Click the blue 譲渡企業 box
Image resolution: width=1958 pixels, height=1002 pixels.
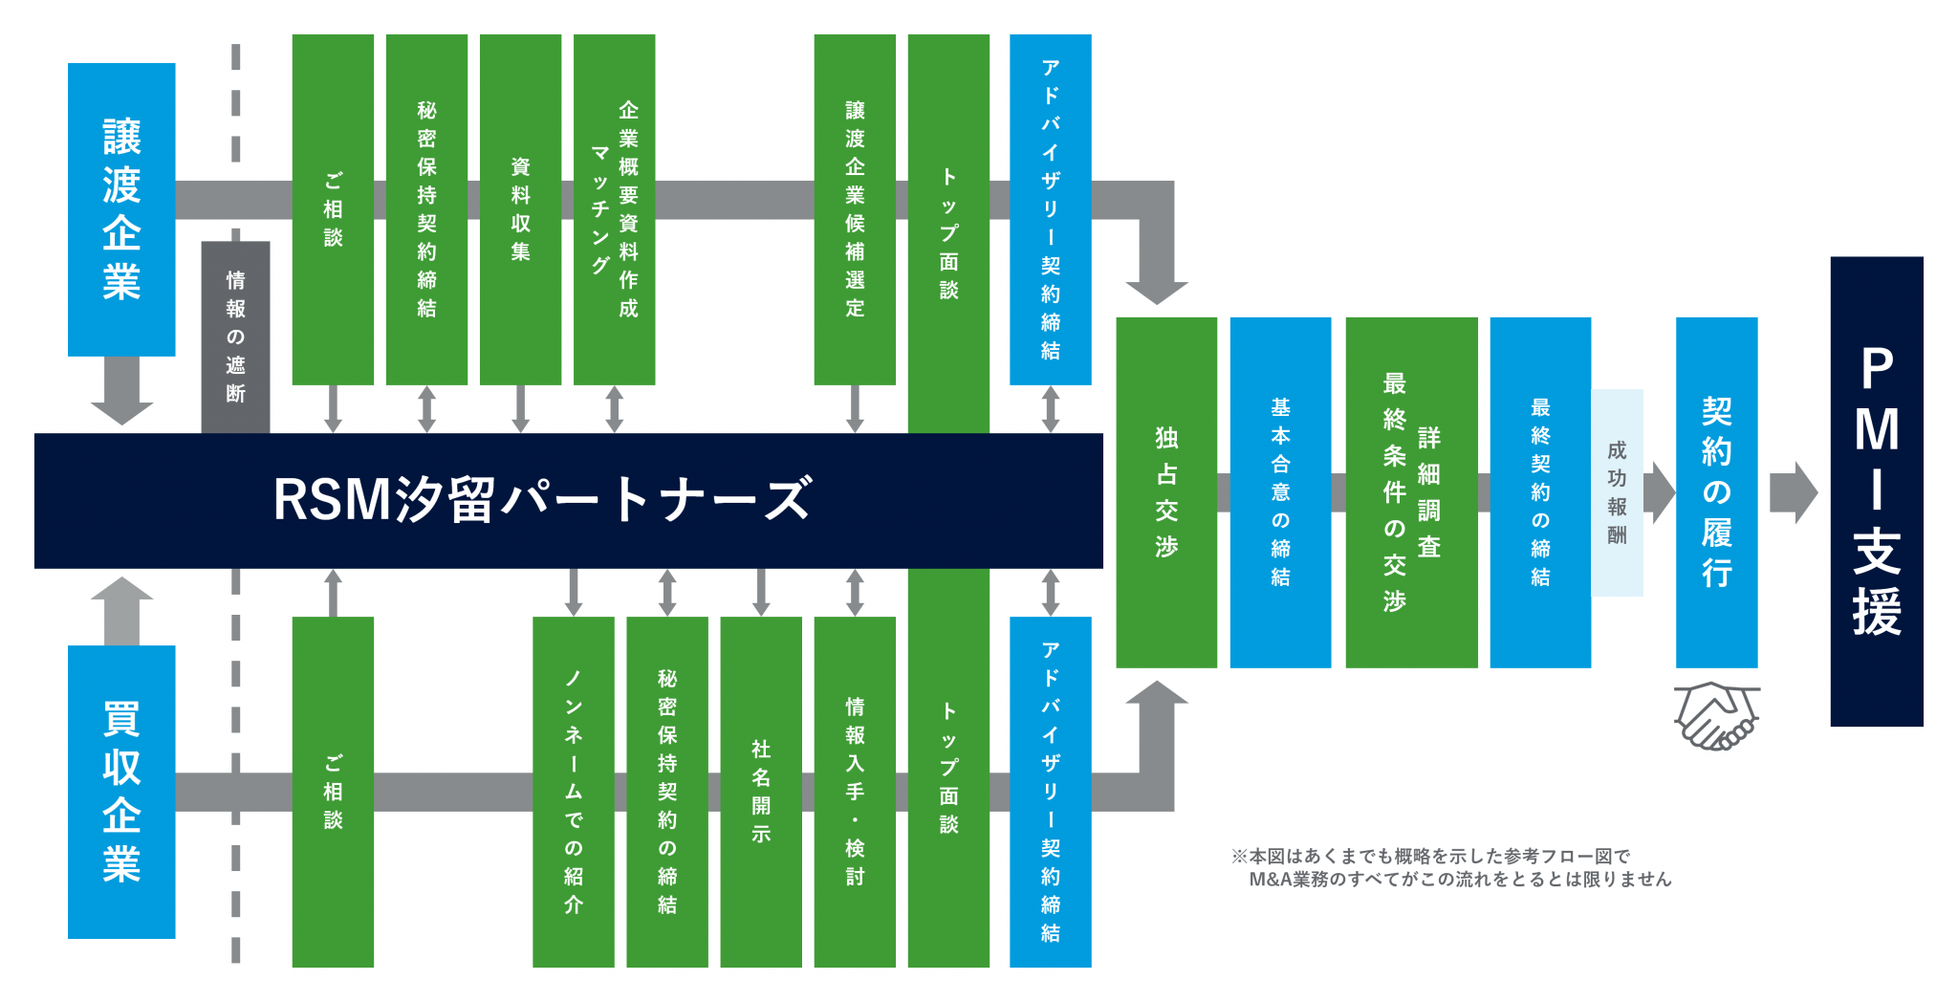pos(121,209)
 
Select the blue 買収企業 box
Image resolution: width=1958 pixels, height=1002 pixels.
pos(121,792)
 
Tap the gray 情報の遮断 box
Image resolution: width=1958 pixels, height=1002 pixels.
pos(235,337)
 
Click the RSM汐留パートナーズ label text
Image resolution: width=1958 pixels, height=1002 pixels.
pos(542,500)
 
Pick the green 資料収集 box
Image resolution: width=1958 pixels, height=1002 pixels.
pos(520,209)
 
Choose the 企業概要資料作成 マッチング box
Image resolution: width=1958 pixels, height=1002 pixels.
pos(614,209)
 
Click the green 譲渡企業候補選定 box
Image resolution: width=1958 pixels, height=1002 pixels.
pos(855,209)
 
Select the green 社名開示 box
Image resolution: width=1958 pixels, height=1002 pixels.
pos(761,792)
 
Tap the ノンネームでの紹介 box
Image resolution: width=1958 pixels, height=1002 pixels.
pos(574,792)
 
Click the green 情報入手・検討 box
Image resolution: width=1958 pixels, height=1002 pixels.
pos(855,792)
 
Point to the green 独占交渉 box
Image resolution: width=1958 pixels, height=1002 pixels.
pos(1166,492)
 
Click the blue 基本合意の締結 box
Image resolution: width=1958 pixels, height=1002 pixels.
pos(1280,492)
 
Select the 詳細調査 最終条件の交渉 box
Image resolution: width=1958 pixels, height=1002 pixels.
pos(1411,492)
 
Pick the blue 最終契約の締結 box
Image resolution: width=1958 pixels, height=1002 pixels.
pos(1540,492)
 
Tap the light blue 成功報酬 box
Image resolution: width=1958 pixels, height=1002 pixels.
pos(1617,492)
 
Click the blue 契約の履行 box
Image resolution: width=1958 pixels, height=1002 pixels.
pos(1716,492)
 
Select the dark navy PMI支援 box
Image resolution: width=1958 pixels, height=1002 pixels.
pos(1877,491)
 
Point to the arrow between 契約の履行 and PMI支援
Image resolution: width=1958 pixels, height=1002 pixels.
pos(1793,493)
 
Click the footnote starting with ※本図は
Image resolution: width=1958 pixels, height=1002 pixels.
pos(1451,867)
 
